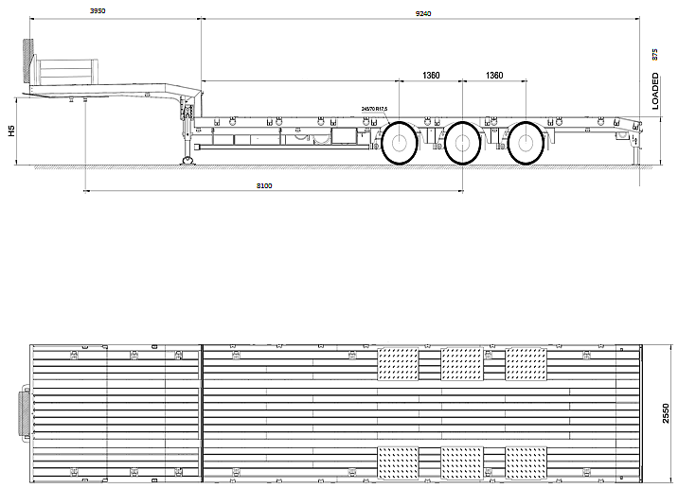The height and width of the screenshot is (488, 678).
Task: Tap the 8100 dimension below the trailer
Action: coord(264,186)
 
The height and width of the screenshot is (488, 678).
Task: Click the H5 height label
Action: coord(11,131)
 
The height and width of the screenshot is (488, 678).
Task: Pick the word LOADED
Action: coord(655,92)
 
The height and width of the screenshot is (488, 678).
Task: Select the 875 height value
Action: coord(654,54)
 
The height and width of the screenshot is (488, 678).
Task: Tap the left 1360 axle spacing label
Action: coord(431,75)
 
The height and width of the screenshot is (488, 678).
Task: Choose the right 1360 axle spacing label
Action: coord(494,75)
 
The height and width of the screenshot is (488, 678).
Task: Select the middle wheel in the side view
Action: coord(462,145)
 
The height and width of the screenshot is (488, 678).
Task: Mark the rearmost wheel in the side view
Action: coord(526,144)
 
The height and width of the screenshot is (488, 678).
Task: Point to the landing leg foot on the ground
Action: coord(187,160)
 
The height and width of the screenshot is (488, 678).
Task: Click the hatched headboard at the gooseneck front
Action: coord(29,61)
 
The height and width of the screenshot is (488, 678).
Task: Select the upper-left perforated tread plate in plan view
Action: coord(398,363)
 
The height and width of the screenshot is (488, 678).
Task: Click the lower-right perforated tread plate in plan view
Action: coord(526,462)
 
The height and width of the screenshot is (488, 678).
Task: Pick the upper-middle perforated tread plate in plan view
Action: coord(462,363)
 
